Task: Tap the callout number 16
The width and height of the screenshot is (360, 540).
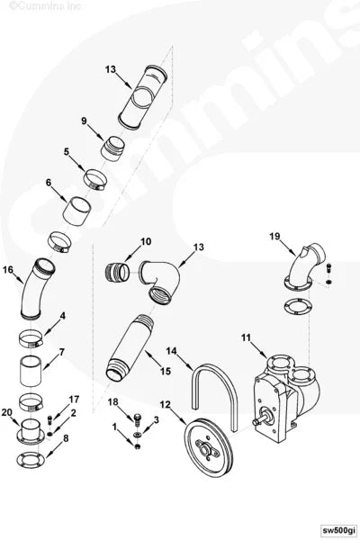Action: pos(9,268)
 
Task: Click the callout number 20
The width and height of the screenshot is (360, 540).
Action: pos(7,413)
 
